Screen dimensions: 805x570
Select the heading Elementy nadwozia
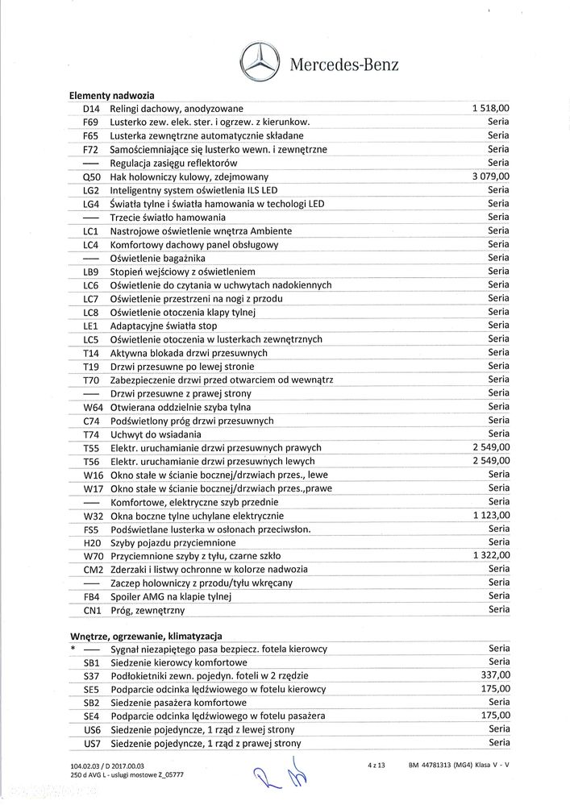click(112, 96)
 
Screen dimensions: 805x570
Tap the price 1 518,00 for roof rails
click(490, 109)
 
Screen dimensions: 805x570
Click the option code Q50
click(91, 176)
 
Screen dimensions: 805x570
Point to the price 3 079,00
click(490, 176)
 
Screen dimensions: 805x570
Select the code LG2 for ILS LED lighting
click(91, 190)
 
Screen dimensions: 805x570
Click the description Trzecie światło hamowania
click(169, 217)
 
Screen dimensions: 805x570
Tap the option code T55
click(91, 447)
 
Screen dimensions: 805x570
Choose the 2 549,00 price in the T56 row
click(490, 461)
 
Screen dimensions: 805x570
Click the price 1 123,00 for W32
click(490, 515)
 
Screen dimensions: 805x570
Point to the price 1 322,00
click(490, 555)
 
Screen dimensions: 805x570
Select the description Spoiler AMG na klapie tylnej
click(171, 596)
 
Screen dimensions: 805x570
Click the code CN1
click(91, 610)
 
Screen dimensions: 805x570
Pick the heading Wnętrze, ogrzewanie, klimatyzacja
click(152, 636)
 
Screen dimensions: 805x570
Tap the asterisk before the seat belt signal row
click(73, 649)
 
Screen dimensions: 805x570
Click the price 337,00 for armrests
click(496, 675)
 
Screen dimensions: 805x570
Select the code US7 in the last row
click(91, 743)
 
